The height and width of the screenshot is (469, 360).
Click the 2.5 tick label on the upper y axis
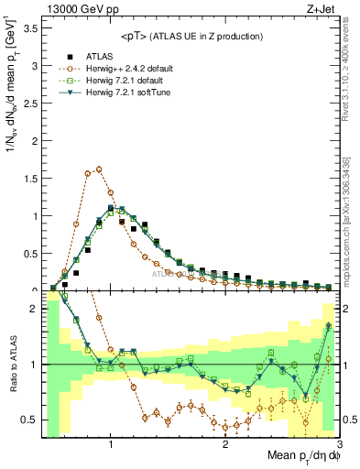click(31, 104)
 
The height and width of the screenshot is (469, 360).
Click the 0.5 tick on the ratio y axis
click(31, 420)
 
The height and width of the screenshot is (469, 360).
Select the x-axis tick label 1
click(111, 444)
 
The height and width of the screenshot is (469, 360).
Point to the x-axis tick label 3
click(339, 444)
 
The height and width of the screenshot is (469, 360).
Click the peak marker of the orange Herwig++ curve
click(99, 169)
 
